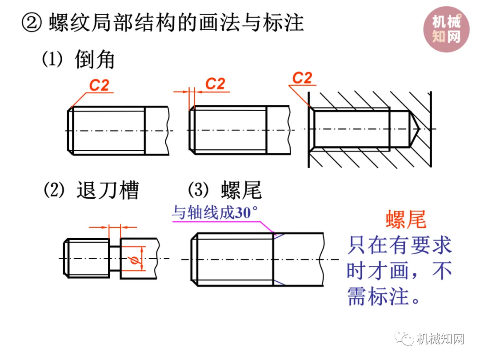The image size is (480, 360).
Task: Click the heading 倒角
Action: click(x=95, y=60)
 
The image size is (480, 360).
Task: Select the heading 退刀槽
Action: click(x=108, y=190)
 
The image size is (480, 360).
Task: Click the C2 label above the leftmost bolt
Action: click(x=99, y=85)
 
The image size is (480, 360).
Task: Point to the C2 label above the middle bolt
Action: click(x=216, y=84)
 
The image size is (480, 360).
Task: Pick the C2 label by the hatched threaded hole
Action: click(x=302, y=79)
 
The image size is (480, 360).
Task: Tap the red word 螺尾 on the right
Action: click(x=406, y=220)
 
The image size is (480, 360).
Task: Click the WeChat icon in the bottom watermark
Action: click(x=405, y=340)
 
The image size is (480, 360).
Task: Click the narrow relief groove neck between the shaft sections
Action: click(x=115, y=258)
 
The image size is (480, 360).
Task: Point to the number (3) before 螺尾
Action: click(x=197, y=190)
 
